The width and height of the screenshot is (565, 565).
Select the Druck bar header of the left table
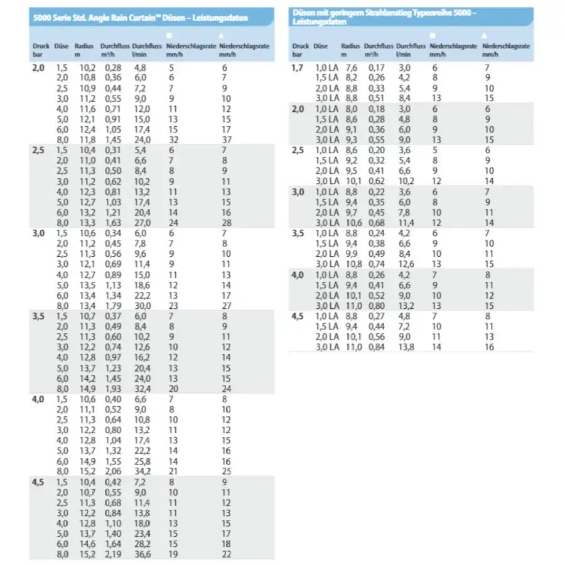(41, 50)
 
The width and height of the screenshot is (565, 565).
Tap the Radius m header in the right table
(350, 50)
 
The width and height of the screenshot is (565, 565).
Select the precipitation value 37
(227, 139)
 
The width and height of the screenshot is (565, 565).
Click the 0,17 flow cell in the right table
(376, 67)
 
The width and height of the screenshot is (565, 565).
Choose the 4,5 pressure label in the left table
(38, 482)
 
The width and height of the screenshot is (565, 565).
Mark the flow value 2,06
(113, 471)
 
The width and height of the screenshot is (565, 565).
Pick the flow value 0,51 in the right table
(376, 98)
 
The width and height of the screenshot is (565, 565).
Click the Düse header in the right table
(320, 46)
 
